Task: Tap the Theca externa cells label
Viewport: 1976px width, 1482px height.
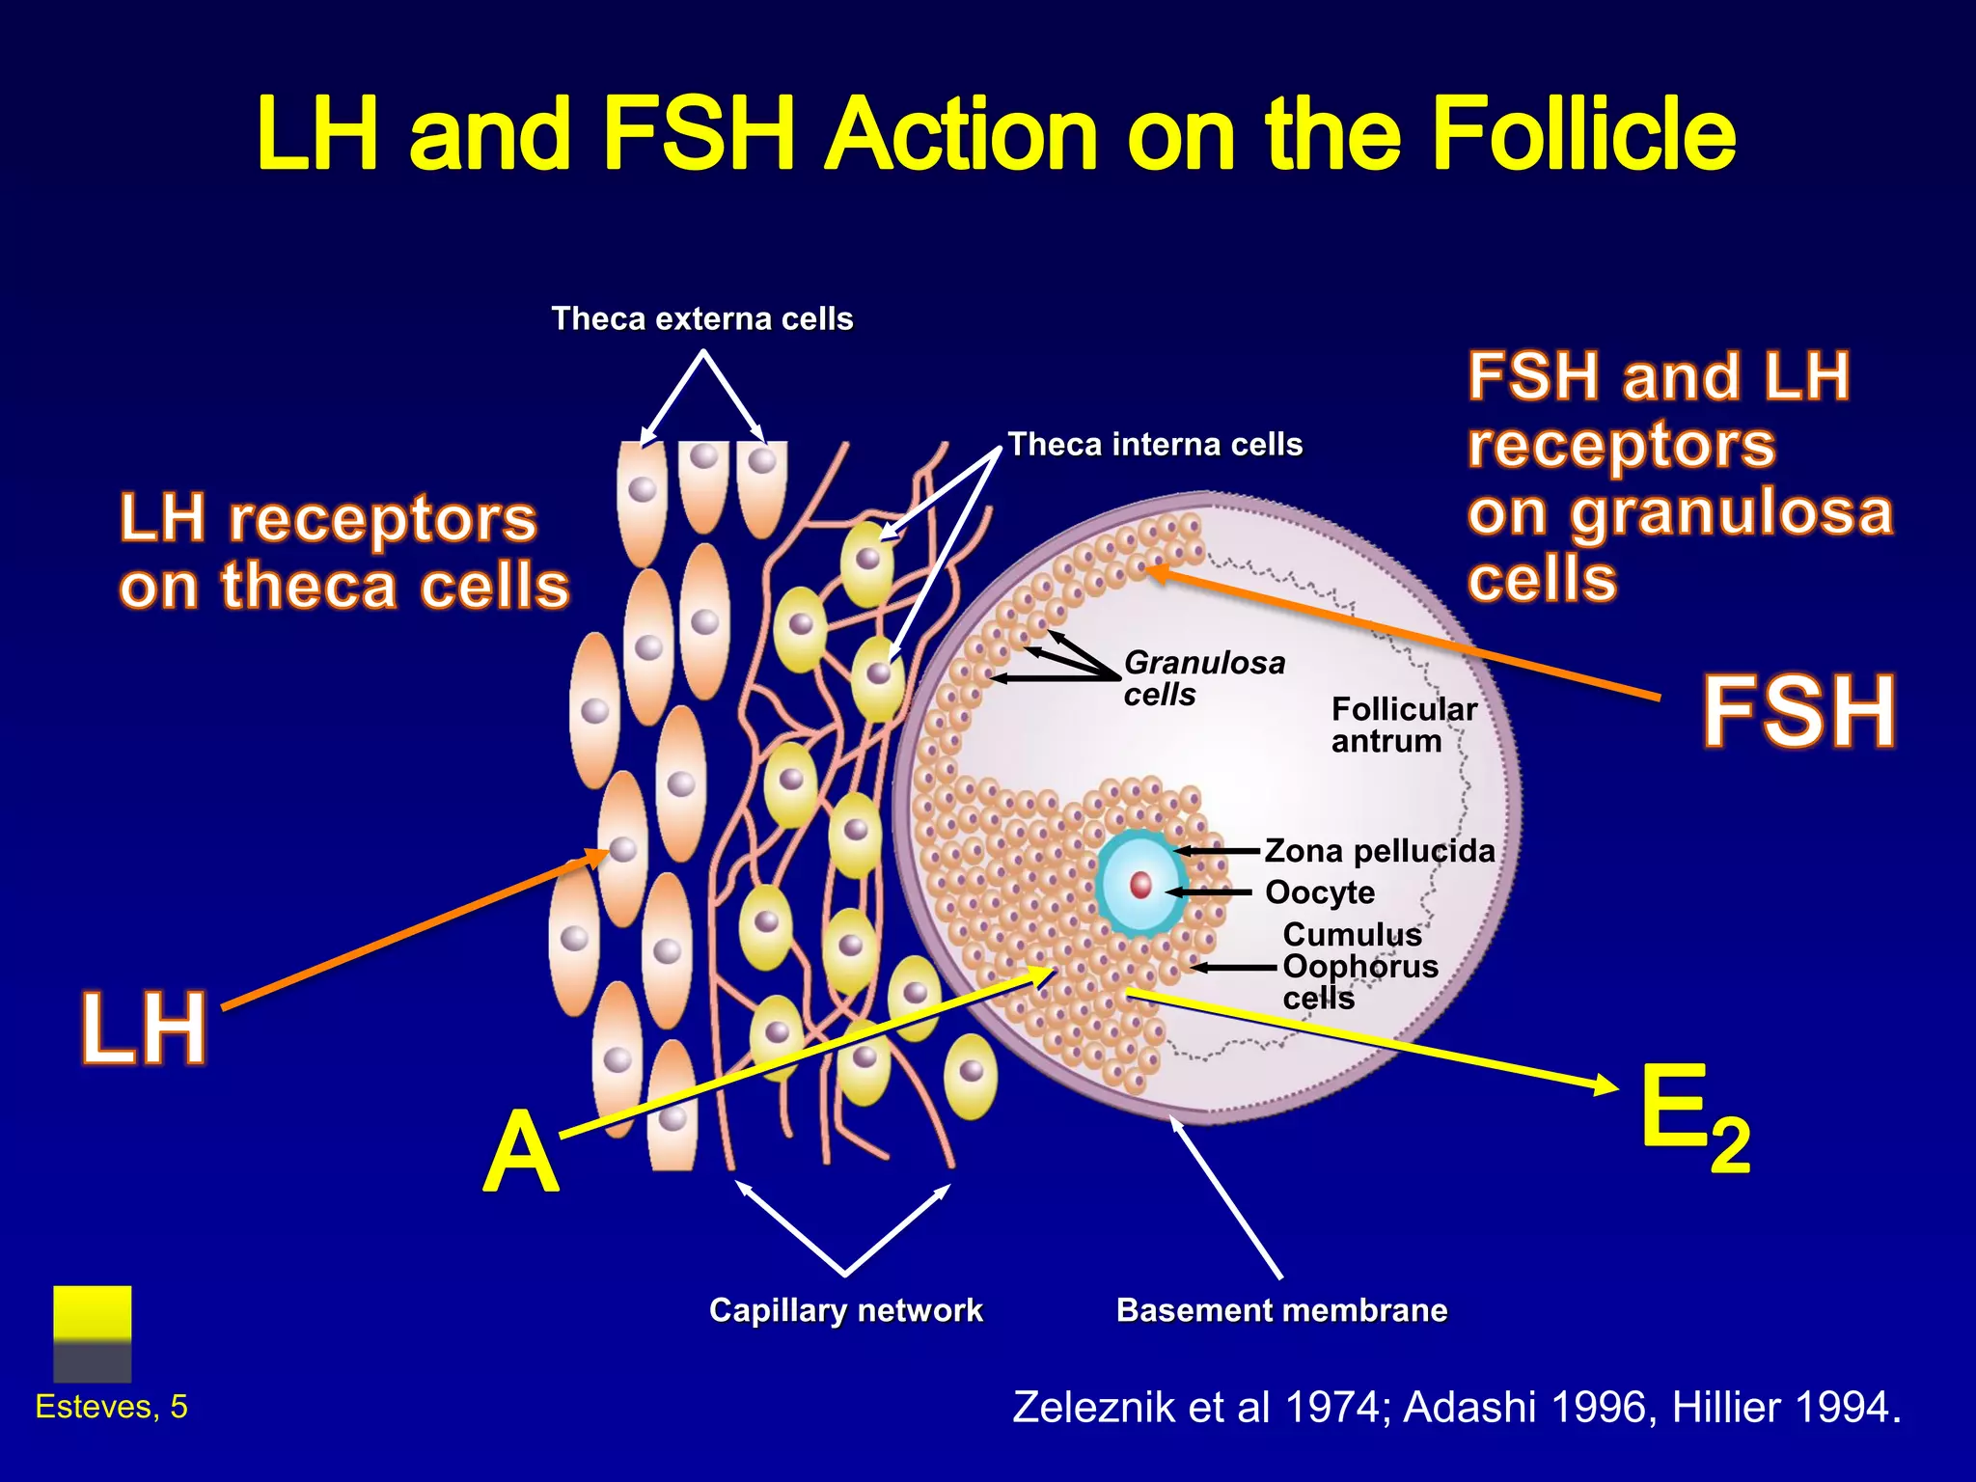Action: [701, 318]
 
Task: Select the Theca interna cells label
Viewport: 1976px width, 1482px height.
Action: [1155, 444]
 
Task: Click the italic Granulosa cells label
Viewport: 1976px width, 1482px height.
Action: [1203, 677]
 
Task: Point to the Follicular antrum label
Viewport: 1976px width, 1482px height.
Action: [1403, 725]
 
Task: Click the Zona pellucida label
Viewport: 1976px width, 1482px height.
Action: [1379, 851]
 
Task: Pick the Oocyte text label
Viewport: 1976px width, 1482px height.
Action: [1319, 892]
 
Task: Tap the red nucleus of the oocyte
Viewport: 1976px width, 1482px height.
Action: [1140, 885]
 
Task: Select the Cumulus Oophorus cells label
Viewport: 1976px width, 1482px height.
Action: [1359, 966]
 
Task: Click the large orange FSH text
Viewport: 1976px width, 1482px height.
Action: [1798, 712]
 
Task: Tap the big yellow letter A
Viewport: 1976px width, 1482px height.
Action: [521, 1152]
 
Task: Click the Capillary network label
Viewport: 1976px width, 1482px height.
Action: [845, 1310]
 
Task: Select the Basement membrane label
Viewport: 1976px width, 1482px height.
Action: [1281, 1310]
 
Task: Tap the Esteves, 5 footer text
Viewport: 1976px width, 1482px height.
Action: [111, 1407]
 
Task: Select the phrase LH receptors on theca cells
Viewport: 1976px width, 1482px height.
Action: [343, 552]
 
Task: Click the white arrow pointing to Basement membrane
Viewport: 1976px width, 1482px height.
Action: [1226, 1197]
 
